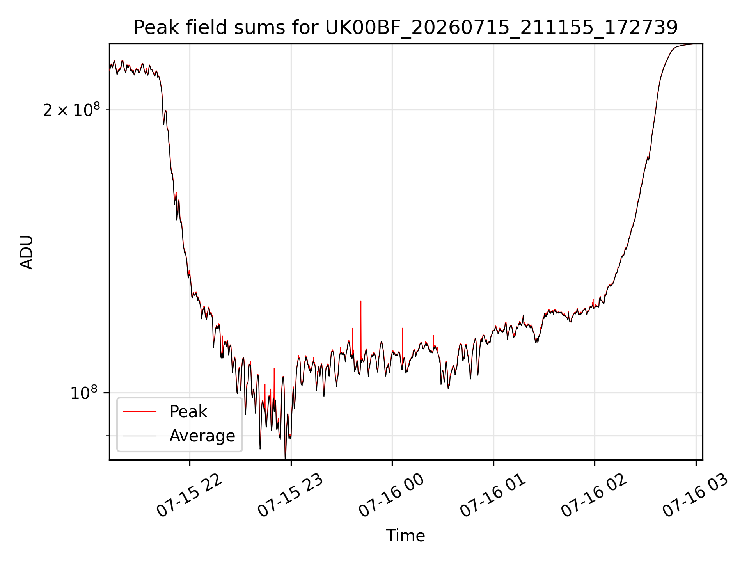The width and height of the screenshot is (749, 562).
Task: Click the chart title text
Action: [406, 28]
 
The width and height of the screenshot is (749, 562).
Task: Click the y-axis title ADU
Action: [27, 252]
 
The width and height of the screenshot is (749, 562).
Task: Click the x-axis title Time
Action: [405, 536]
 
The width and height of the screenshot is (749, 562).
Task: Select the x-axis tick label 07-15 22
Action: [190, 496]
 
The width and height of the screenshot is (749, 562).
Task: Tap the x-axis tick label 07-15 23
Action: [291, 496]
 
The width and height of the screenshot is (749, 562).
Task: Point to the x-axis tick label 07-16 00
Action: [392, 496]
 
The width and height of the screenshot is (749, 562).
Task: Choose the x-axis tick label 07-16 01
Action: [493, 496]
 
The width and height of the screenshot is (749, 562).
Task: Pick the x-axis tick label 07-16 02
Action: [594, 496]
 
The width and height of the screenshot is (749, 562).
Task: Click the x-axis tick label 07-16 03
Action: [696, 496]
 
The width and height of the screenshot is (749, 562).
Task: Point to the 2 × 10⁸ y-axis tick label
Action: [71, 110]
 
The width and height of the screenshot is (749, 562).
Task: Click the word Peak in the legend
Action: [188, 412]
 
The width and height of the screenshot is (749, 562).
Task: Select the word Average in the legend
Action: [202, 436]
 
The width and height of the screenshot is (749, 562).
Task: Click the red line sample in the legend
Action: [140, 412]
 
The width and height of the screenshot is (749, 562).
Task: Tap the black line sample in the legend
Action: [140, 436]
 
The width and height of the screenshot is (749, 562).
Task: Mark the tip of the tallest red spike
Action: [361, 301]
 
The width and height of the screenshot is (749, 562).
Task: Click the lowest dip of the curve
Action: [285, 459]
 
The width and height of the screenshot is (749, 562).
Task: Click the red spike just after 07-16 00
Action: [403, 328]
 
